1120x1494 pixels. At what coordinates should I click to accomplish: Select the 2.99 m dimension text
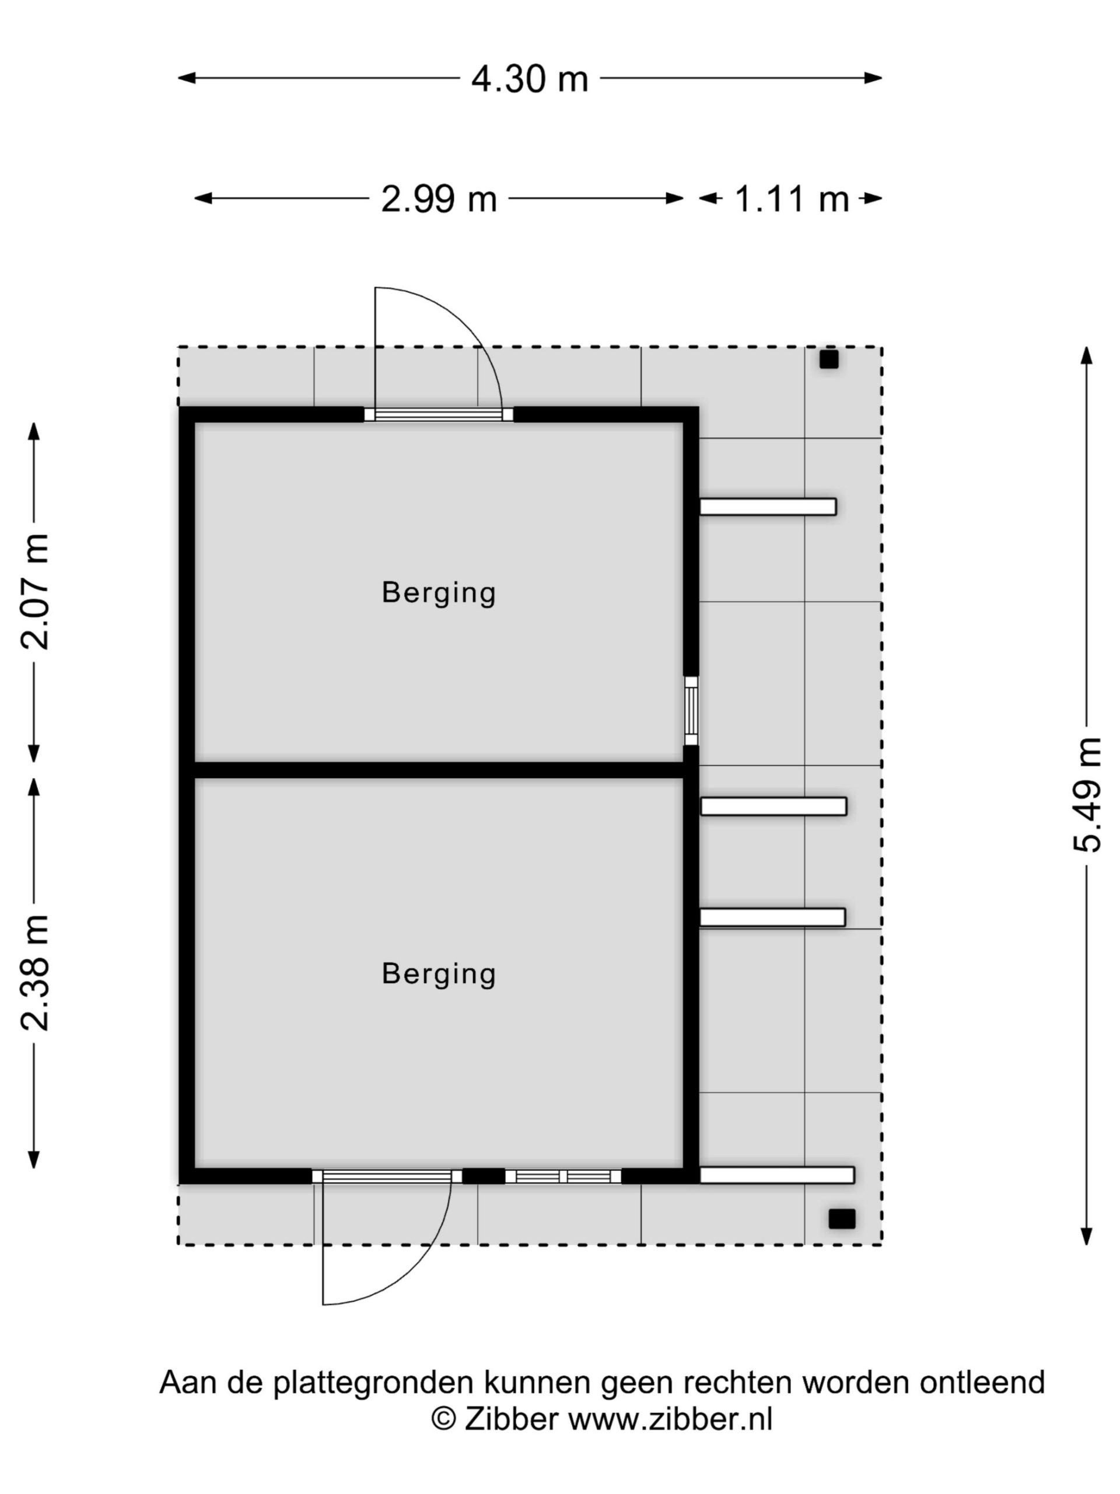(439, 199)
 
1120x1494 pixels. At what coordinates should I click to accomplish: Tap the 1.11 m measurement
(791, 199)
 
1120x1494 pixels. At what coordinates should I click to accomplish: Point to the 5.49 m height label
(1087, 794)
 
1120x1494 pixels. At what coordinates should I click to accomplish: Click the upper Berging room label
(439, 593)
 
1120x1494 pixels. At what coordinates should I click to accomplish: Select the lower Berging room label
(439, 974)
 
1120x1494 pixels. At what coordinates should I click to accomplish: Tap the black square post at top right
(829, 359)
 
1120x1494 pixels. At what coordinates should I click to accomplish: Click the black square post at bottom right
(842, 1219)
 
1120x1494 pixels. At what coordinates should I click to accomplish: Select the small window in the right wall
(691, 711)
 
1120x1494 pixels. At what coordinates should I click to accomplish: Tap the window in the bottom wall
(563, 1177)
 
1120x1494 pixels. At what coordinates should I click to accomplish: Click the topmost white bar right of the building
(768, 507)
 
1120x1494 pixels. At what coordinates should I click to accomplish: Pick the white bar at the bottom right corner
(777, 1175)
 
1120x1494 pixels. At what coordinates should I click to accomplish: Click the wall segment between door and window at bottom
(484, 1177)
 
